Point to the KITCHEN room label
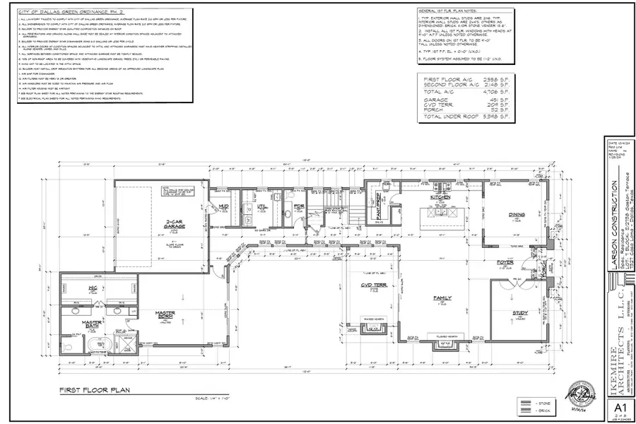(x=440, y=197)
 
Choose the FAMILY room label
(x=442, y=298)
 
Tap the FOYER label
(x=503, y=262)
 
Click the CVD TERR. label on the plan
(x=370, y=286)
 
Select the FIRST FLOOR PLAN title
(x=93, y=389)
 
